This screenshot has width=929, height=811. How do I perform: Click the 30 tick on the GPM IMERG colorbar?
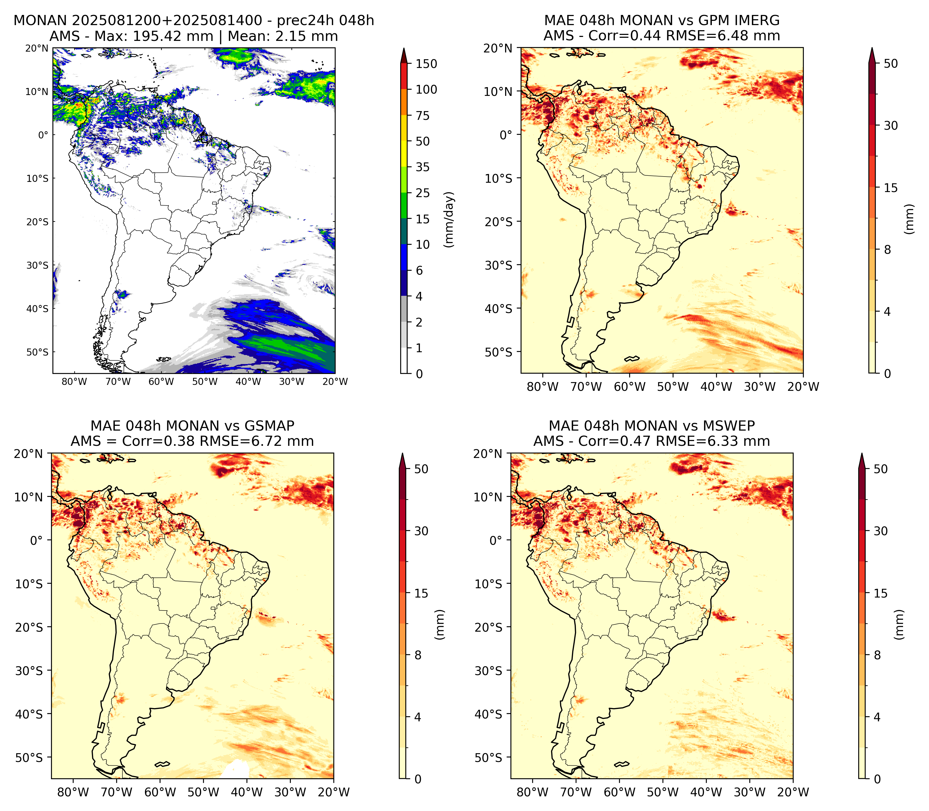point(891,125)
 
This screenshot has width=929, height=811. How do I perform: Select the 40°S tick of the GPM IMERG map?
point(499,309)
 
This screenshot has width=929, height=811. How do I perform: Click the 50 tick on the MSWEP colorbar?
point(880,469)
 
